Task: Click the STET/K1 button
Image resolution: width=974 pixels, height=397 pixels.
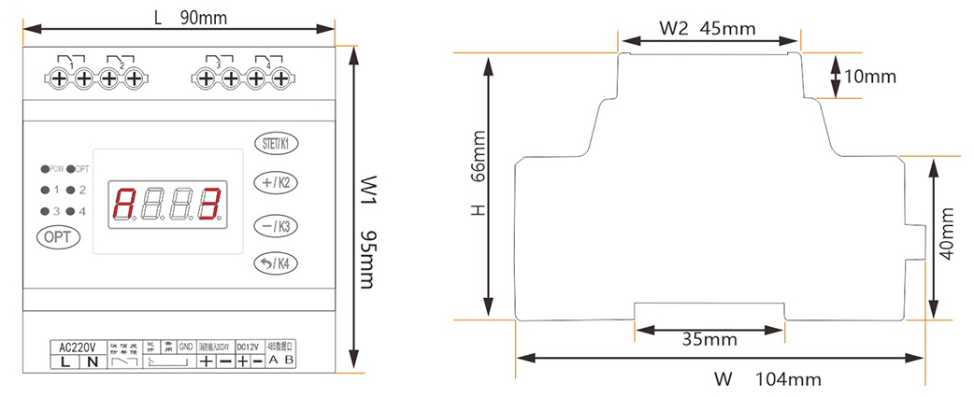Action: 277,144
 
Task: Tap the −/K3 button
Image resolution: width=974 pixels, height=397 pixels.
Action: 277,225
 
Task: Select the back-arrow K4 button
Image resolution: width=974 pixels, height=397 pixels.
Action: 277,264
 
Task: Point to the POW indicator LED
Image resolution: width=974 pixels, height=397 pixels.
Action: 44,169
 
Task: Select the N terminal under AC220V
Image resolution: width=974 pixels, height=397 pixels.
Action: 91,362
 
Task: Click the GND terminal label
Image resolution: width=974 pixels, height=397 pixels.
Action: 185,347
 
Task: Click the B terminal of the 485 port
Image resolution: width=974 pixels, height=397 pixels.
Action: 289,361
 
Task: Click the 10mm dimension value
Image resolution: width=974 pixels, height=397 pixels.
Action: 870,77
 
